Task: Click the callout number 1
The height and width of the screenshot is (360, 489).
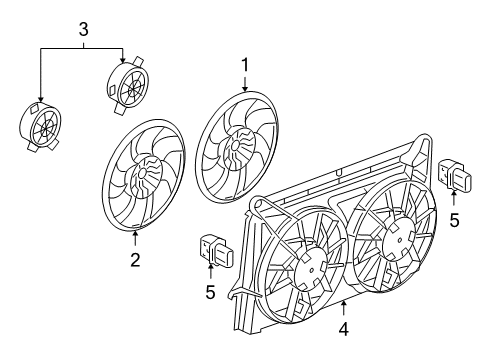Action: click(243, 66)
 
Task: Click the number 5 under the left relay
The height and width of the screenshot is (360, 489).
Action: click(210, 292)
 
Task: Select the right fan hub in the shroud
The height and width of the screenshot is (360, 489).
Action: click(392, 242)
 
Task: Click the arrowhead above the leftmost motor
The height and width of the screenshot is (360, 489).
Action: click(40, 99)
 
